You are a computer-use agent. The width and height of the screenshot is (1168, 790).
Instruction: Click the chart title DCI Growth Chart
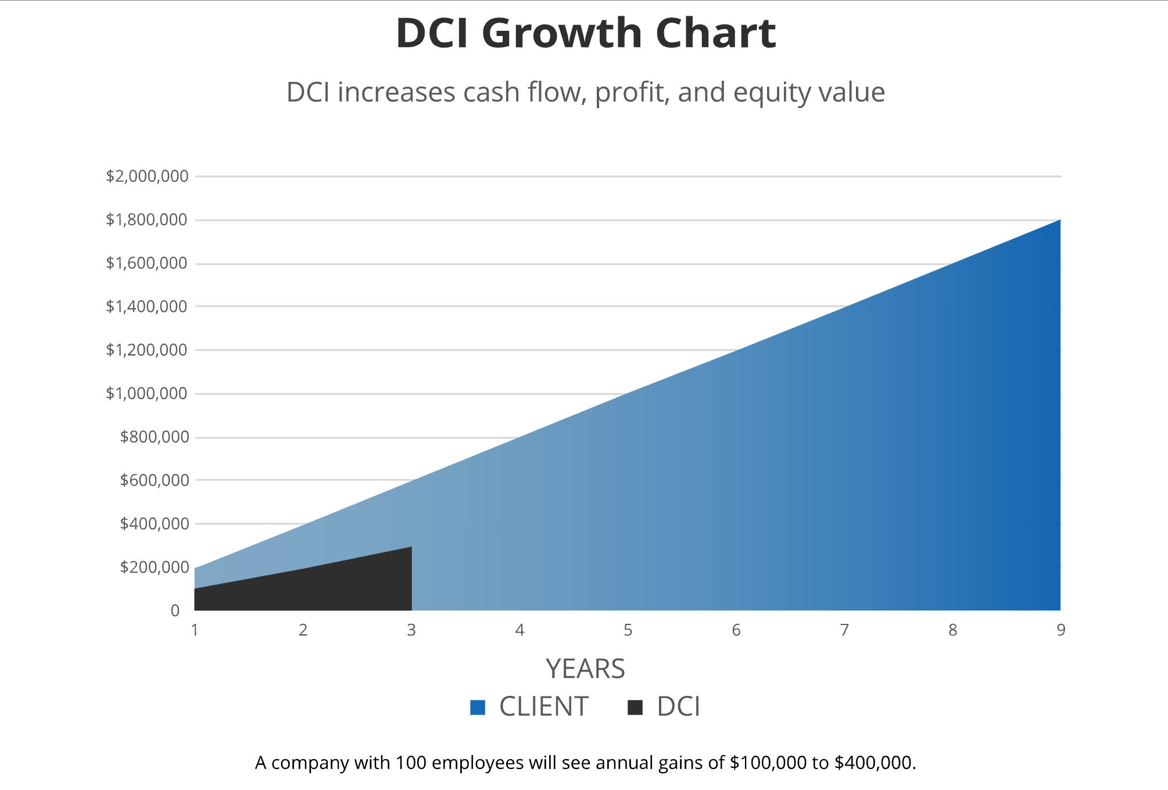tap(585, 33)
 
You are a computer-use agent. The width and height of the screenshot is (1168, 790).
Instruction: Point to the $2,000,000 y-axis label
tap(147, 176)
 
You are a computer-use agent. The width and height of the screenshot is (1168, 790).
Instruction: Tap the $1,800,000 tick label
tap(146, 220)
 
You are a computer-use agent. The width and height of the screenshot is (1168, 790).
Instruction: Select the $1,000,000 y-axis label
tap(146, 393)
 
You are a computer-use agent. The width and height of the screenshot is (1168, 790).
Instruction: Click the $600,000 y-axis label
tap(154, 480)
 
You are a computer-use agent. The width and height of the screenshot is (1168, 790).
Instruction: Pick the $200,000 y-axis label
tap(154, 567)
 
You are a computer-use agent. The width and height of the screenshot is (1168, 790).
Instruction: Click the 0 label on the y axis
tap(175, 611)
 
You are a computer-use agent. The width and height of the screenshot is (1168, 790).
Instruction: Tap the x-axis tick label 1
tap(195, 630)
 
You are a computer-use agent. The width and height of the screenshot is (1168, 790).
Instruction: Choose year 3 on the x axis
tap(411, 630)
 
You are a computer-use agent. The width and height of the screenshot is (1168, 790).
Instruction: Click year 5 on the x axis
tap(628, 630)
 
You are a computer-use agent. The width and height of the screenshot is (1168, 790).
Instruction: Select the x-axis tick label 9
tap(1060, 630)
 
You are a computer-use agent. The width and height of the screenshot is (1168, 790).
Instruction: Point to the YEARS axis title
tap(585, 669)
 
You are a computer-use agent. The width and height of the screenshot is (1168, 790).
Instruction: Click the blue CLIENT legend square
tap(478, 708)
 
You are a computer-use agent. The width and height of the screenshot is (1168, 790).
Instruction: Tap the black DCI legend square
tap(635, 708)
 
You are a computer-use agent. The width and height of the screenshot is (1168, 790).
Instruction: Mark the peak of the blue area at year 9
tap(1059, 221)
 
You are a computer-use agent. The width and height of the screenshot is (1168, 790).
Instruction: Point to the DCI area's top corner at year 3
tap(410, 548)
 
